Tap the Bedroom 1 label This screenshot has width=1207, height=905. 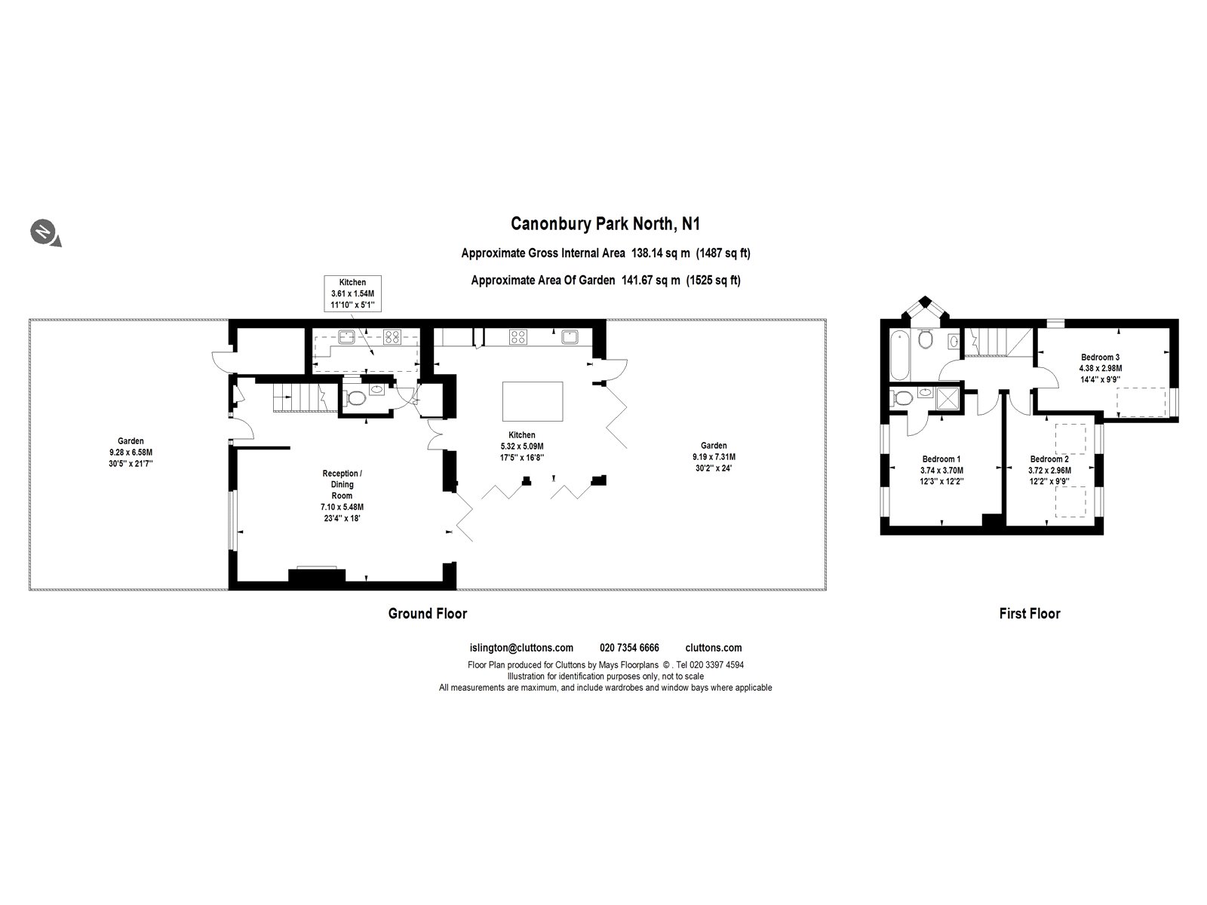(941, 470)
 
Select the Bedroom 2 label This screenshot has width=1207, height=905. (1049, 470)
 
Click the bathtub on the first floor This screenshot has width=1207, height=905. (899, 354)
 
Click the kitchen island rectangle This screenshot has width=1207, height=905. (533, 401)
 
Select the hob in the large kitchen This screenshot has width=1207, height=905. (518, 337)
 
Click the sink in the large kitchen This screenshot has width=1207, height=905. (569, 336)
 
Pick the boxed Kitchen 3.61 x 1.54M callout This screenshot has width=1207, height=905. (352, 294)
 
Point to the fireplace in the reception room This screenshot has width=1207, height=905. (317, 576)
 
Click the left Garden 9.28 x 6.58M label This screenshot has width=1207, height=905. (131, 452)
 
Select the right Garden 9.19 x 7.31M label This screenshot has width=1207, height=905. (714, 456)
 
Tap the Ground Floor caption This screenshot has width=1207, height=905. (427, 613)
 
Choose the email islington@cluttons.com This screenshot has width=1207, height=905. (521, 647)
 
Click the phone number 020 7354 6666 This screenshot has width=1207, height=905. (629, 647)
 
